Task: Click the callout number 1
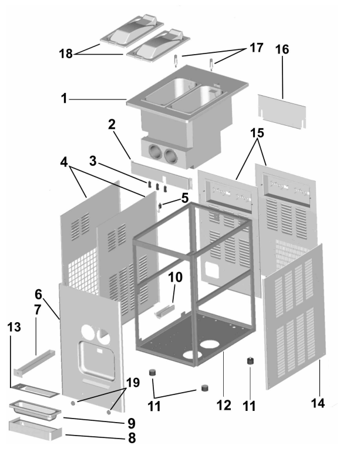pos(64,99)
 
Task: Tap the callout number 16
pos(282,49)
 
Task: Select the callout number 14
pos(318,403)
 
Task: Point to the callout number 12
pos(224,405)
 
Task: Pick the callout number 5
pos(185,198)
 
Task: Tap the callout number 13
pos(14,327)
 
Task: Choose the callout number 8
pos(132,437)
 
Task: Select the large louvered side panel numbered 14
pos(294,316)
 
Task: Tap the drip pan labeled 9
pos(35,410)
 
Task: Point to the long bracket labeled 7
pos(34,363)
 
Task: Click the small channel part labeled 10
pos(165,310)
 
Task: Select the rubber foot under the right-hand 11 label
pos(250,362)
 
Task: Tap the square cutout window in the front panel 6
pos(96,361)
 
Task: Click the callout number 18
pos(66,53)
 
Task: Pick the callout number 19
pos(133,383)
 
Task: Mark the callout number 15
pos(257,133)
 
